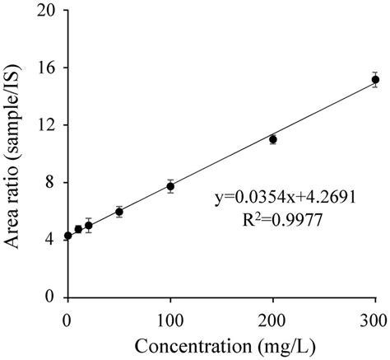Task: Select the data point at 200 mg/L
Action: click(x=273, y=139)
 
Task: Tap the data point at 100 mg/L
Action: click(x=170, y=186)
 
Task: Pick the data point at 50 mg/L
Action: click(x=119, y=212)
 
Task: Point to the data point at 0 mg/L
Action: click(x=68, y=236)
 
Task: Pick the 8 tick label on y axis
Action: click(x=52, y=182)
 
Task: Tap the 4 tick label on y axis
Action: click(x=52, y=239)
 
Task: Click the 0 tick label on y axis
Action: click(x=52, y=296)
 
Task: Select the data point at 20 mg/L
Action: click(x=89, y=225)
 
